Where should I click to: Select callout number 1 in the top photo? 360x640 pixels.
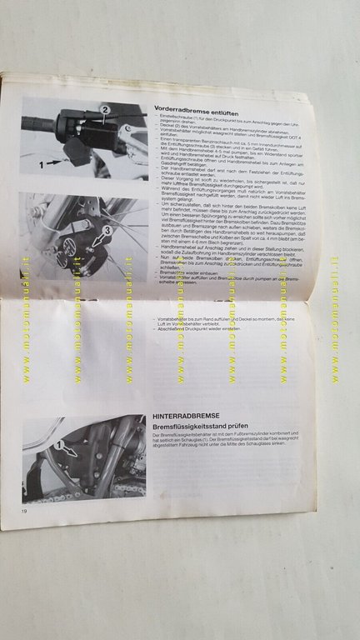tap(40, 167)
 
